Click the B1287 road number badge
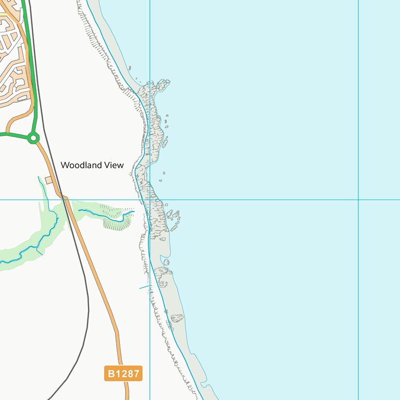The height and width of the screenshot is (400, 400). (123, 373)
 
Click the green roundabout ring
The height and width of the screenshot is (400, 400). (33, 138)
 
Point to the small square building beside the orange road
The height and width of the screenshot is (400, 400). (49, 180)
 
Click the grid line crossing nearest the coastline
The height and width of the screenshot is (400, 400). (150, 199)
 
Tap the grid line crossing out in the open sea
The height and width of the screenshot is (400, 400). (358, 199)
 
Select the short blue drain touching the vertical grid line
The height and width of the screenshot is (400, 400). (144, 287)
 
